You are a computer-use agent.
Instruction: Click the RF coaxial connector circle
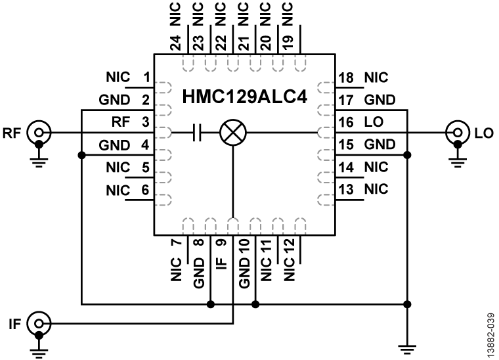39,133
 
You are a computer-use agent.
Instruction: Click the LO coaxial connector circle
455,133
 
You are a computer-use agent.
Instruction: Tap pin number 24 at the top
175,44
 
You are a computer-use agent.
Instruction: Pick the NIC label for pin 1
118,78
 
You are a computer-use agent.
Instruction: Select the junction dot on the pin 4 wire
81,155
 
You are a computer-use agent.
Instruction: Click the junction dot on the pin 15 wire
408,155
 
